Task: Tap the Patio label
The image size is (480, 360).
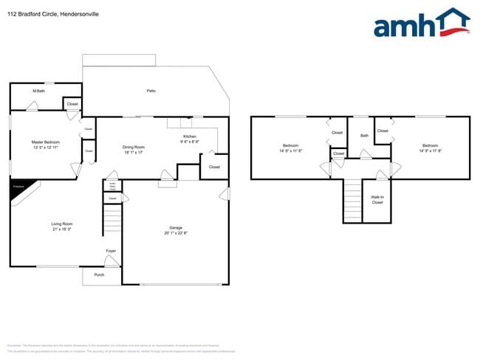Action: coord(151,91)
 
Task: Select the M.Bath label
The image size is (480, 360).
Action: coord(38,91)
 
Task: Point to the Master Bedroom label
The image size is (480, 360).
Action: coord(45,142)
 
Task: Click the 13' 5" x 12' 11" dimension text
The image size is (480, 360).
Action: coord(45,148)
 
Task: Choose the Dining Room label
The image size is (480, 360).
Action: coord(133,147)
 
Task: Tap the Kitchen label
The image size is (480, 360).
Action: coord(190,136)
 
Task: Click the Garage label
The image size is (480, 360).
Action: coord(176,228)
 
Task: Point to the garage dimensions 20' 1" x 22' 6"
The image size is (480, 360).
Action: coord(176,233)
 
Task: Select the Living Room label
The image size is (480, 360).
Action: coord(61,224)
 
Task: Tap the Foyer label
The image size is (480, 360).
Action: coord(111,251)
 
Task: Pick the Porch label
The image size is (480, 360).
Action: coord(99,274)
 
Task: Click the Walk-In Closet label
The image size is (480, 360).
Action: coord(377,199)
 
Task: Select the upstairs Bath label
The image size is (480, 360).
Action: coord(364,136)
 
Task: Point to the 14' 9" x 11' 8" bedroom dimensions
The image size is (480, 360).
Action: coord(291,150)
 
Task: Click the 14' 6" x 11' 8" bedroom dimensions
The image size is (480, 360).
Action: coord(431,150)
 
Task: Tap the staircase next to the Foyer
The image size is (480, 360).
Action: coord(112,221)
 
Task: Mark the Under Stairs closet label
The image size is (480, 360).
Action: coord(112,187)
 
